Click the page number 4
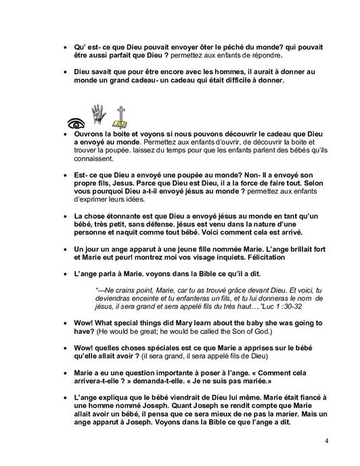327,442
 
